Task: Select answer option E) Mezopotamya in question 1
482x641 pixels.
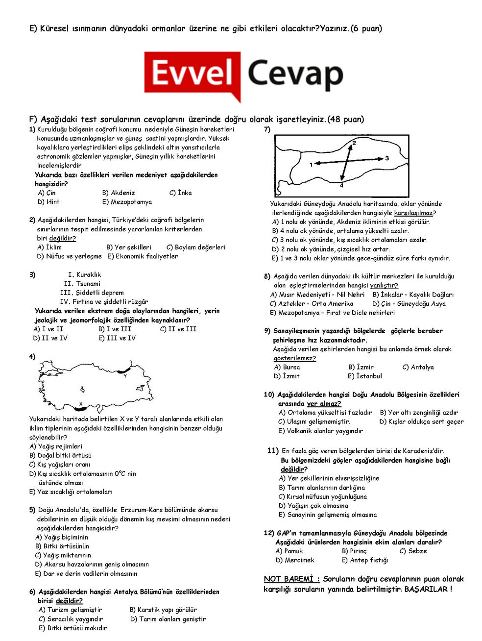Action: tap(127, 202)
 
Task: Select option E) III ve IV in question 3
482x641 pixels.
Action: tap(117, 338)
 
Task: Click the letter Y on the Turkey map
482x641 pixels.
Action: tap(125, 376)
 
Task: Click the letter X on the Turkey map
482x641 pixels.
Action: tap(81, 404)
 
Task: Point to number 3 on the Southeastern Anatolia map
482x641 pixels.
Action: tap(386, 158)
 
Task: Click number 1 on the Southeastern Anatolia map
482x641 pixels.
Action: tap(311, 165)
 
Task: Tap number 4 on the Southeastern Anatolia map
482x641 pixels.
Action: tap(341, 186)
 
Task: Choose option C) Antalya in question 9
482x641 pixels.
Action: tap(418, 367)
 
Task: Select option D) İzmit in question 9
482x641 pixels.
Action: tap(287, 376)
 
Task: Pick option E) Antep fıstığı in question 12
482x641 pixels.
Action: tap(364, 560)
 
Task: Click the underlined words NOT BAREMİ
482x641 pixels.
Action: tap(291, 579)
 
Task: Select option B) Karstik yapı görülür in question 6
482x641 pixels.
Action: tap(163, 610)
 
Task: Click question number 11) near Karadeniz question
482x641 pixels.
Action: tap(273, 451)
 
